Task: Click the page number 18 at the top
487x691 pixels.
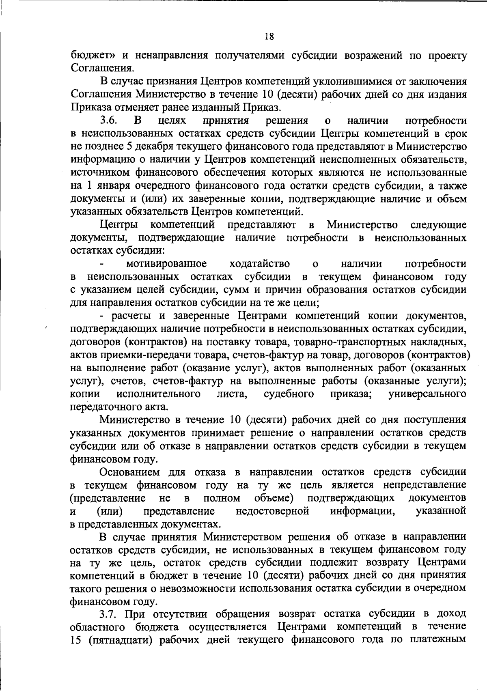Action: coord(269,37)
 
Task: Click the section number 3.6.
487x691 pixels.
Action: coord(108,121)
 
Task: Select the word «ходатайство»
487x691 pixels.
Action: coord(260,264)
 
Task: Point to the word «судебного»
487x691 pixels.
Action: coord(289,394)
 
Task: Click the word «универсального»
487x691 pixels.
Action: coord(427,394)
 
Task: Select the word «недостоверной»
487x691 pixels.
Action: coord(272,510)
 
